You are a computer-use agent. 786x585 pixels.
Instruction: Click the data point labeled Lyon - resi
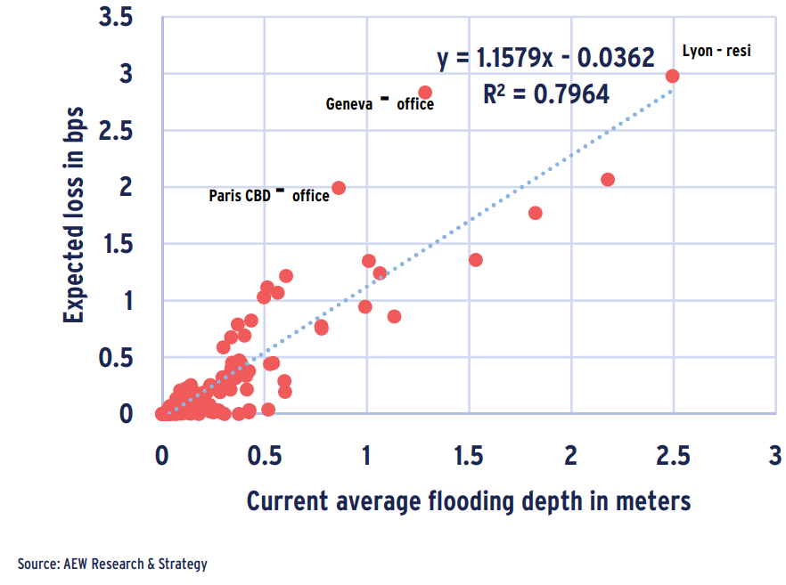[672, 76]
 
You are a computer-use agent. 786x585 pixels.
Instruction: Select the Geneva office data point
[425, 93]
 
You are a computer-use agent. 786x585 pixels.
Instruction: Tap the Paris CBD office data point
[339, 188]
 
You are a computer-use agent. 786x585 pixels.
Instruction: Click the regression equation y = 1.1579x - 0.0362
[545, 59]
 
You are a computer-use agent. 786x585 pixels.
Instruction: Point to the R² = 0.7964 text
[546, 94]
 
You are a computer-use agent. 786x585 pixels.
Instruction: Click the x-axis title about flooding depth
[468, 501]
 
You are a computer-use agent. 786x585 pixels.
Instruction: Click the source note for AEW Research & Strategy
[112, 564]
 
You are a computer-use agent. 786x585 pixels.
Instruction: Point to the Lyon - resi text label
[716, 51]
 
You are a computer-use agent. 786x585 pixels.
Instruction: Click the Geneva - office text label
[380, 103]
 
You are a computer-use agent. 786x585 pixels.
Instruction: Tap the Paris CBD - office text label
[269, 195]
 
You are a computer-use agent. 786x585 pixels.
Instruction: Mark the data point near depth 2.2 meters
[608, 179]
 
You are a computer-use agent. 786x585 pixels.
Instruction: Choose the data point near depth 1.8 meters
[536, 213]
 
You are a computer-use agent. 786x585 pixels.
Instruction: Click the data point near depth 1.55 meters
[476, 260]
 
